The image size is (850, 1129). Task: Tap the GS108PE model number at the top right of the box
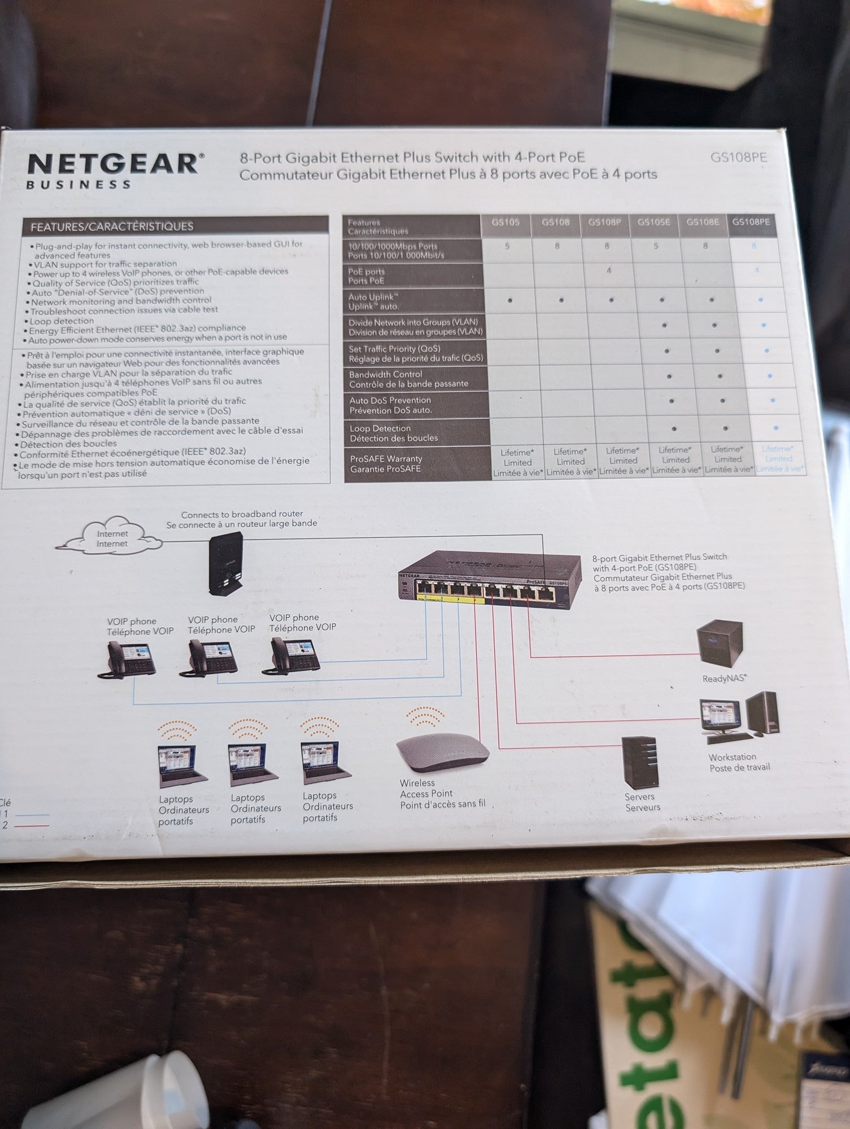pyautogui.click(x=738, y=157)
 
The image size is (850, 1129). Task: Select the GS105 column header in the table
pyautogui.click(x=505, y=223)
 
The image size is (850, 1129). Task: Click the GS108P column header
pyautogui.click(x=604, y=222)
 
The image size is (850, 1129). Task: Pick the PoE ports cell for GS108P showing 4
pyautogui.click(x=609, y=271)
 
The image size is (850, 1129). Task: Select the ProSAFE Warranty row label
pyautogui.click(x=386, y=463)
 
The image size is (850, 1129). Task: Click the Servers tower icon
pyautogui.click(x=640, y=762)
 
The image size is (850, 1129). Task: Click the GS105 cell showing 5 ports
pyautogui.click(x=507, y=247)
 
